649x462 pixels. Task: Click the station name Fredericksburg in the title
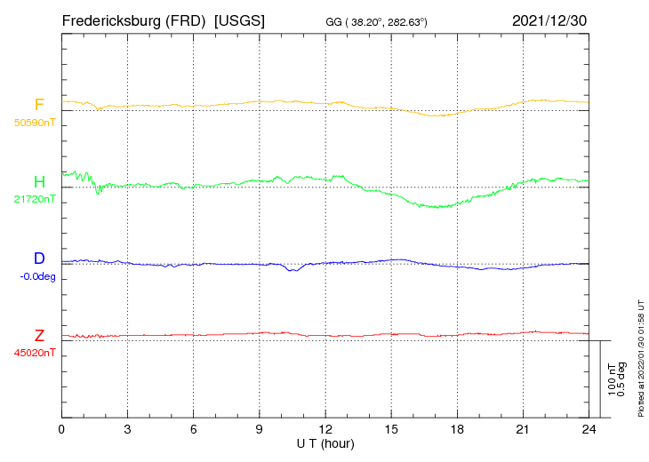pyautogui.click(x=111, y=20)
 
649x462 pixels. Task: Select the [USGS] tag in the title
pyautogui.click(x=239, y=20)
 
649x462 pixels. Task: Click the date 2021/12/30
pyautogui.click(x=549, y=20)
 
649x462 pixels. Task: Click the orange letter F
pyautogui.click(x=39, y=105)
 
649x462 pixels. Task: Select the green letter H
pyautogui.click(x=39, y=182)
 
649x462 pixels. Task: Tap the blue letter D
pyautogui.click(x=39, y=259)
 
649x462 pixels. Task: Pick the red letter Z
pyautogui.click(x=39, y=336)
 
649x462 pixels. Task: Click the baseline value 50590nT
pyautogui.click(x=35, y=123)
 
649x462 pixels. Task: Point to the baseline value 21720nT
pyautogui.click(x=35, y=199)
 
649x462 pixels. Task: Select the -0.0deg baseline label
pyautogui.click(x=37, y=276)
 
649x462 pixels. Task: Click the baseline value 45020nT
pyautogui.click(x=35, y=353)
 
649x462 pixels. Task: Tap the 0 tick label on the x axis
pyautogui.click(x=61, y=430)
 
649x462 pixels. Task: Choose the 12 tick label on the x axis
pyautogui.click(x=325, y=430)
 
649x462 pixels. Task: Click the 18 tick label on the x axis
pyautogui.click(x=457, y=430)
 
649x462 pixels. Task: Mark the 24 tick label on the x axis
pyautogui.click(x=589, y=430)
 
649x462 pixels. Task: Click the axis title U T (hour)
pyautogui.click(x=325, y=442)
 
